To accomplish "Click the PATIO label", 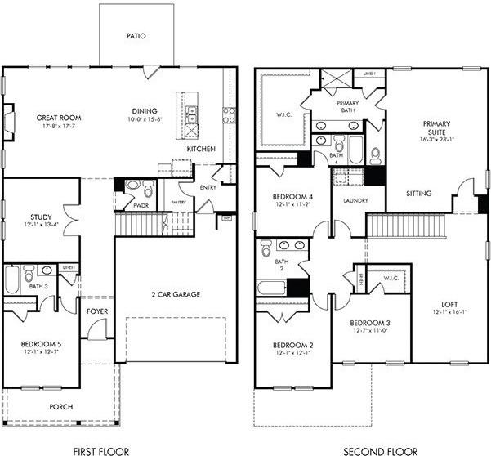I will pos(136,37).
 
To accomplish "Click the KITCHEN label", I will pos(201,150).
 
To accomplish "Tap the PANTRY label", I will pos(179,202).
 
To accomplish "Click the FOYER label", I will pos(97,311).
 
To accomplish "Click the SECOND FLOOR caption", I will pos(379,450).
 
